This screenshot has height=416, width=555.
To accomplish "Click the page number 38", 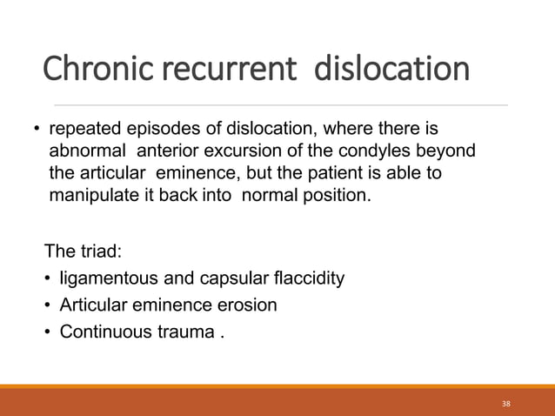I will pos(507,404).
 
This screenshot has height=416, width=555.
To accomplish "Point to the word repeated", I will pos(83,130).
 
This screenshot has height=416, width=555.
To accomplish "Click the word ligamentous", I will pos(104,278).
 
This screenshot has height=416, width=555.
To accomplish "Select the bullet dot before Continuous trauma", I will pos(47,332).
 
